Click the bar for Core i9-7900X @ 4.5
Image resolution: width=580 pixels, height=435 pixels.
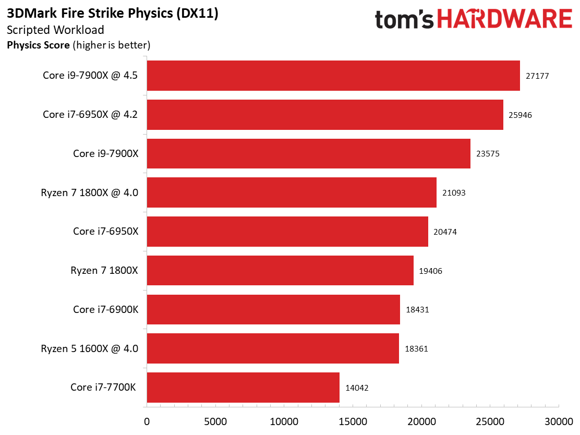[333, 76]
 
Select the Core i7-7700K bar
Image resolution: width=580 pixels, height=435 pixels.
[243, 388]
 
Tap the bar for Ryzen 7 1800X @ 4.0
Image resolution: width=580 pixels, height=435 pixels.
[292, 192]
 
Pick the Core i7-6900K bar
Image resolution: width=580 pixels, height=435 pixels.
[273, 309]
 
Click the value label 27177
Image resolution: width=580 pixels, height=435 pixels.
[537, 76]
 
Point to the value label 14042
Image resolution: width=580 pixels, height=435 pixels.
[357, 388]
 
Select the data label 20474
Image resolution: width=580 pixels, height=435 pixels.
[445, 232]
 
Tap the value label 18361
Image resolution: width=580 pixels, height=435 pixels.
[416, 349]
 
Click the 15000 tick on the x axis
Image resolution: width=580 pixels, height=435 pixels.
[353, 421]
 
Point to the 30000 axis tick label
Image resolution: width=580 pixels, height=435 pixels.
[559, 421]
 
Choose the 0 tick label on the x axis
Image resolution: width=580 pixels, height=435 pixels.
[147, 421]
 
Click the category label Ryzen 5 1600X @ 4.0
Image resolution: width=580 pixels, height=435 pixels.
[90, 348]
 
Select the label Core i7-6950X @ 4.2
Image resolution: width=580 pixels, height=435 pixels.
[90, 114]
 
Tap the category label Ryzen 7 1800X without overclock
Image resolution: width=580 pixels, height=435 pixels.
[104, 270]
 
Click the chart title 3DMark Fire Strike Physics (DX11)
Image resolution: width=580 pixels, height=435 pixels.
[113, 14]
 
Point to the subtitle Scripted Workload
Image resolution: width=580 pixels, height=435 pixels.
[55, 30]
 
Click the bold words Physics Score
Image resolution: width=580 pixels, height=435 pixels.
[38, 45]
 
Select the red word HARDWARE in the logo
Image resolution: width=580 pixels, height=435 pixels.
[504, 19]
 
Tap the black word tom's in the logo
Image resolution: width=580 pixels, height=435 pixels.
[404, 20]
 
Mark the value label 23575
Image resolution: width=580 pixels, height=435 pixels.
[488, 153]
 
